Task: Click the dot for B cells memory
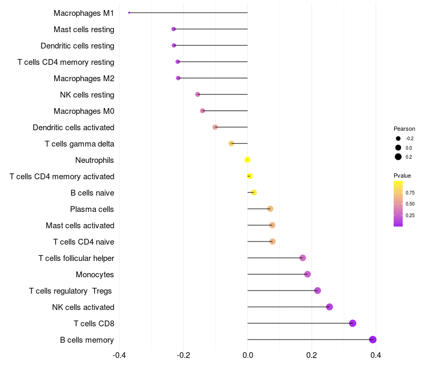coord(373,339)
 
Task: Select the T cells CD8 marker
coord(353,323)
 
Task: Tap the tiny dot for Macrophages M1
coord(129,13)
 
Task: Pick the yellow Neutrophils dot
coord(247,160)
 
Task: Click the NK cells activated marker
coord(329,307)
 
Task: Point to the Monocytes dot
coord(307,274)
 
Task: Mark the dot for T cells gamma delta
coord(231,143)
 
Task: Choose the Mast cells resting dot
coord(174,29)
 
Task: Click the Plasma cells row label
coord(92,209)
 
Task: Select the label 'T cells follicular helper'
coord(76,258)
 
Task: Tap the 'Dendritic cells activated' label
coord(73,128)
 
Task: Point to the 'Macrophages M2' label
coord(84,79)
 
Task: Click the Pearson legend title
coord(404,129)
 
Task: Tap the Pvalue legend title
coord(402,176)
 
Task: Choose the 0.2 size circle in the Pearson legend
coord(398,157)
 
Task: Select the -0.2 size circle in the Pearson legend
coord(398,138)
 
